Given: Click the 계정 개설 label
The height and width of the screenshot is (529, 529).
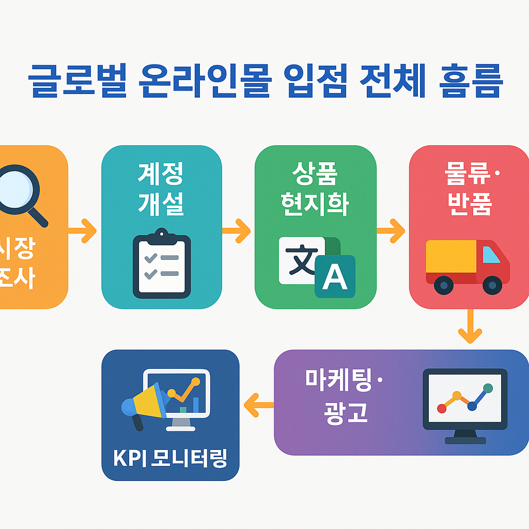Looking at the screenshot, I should (161, 189).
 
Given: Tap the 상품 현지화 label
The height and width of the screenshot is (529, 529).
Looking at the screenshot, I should (315, 189).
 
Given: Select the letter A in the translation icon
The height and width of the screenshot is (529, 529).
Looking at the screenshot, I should (335, 278).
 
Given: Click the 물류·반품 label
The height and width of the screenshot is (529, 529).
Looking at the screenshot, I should (469, 189).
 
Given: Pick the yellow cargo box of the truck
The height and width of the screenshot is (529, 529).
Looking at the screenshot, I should (450, 256).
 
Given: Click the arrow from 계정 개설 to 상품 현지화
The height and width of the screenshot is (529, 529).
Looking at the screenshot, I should (237, 230).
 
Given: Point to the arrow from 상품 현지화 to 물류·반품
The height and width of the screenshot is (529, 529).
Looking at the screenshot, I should (391, 230).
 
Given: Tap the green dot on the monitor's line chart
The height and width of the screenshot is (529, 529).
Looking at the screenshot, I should (487, 388).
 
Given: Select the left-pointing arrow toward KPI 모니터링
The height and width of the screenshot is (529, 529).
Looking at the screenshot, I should (258, 404).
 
